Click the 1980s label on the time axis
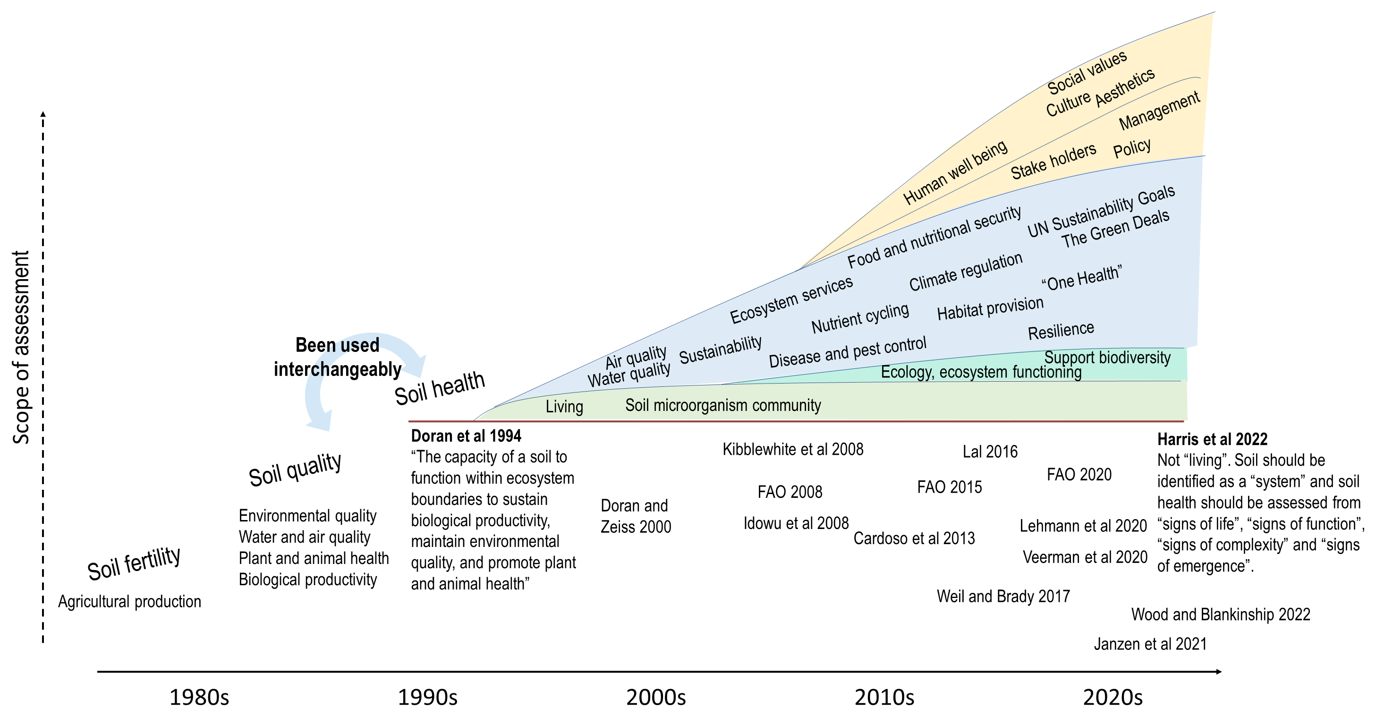[199, 697]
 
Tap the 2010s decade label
[884, 697]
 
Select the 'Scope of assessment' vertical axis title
[21, 347]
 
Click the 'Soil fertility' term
[134, 563]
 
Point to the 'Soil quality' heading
[295, 469]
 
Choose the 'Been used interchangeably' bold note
[337, 357]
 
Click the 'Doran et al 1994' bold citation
[466, 436]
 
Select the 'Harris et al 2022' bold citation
[1212, 439]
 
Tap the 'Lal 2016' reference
[990, 452]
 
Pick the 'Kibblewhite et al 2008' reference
[793, 449]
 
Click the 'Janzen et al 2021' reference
[1150, 644]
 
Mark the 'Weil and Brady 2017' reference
[1003, 596]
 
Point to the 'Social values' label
[1087, 72]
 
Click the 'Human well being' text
[955, 172]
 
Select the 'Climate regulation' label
[966, 272]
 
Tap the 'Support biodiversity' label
[1107, 358]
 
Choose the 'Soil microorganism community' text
[723, 406]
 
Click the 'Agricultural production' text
[129, 602]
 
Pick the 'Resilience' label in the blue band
[1061, 331]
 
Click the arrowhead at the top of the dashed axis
[43, 113]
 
